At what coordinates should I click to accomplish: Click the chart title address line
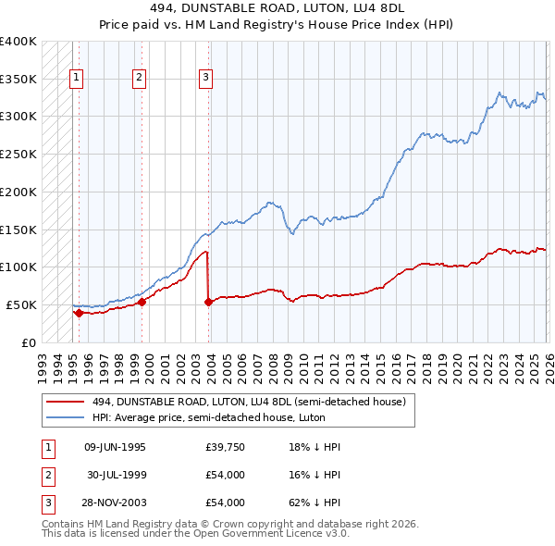[x=277, y=8]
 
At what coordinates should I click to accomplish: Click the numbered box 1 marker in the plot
[x=76, y=79]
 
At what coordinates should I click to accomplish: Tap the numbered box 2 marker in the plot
[x=139, y=79]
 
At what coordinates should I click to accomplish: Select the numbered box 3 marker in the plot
[x=205, y=79]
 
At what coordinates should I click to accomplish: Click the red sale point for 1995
[x=79, y=313]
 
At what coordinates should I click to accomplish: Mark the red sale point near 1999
[x=142, y=302]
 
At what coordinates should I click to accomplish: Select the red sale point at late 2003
[x=208, y=302]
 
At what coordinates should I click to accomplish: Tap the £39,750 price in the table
[x=225, y=447]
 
